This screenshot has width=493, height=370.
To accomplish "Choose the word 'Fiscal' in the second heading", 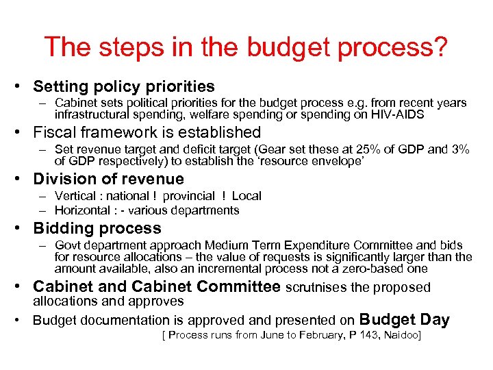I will pos(55,132).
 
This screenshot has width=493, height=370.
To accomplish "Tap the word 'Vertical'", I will pos(77,196).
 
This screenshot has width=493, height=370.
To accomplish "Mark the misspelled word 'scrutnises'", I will pos(316,288).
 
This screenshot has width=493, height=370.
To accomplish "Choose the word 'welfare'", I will pos(197,114).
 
